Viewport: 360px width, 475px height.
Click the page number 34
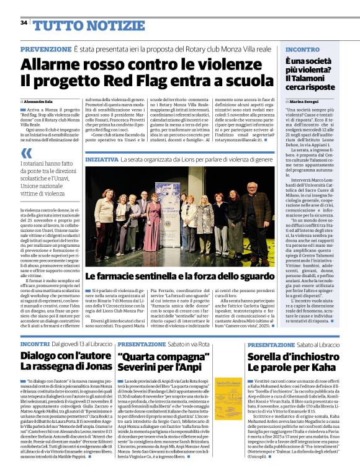coord(24,23)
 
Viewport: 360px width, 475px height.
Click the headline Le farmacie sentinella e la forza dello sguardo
coord(181,275)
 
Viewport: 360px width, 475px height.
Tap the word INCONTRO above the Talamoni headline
coord(303,49)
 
